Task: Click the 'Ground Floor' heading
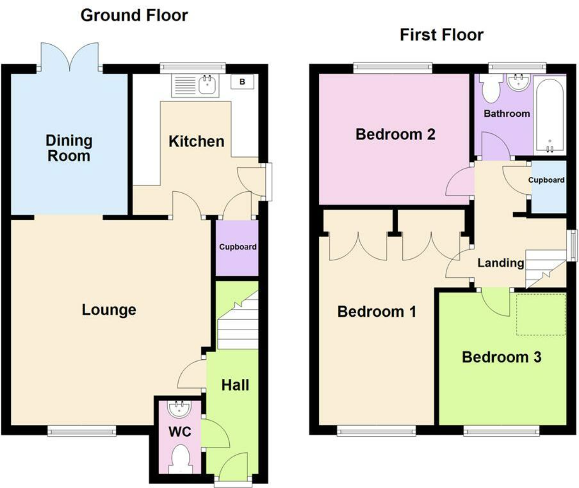coord(134,15)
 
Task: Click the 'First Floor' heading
coord(441,35)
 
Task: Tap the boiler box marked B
coord(242,82)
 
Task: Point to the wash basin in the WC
coord(179,409)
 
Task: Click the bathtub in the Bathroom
coord(550,115)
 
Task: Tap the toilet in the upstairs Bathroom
coord(490,89)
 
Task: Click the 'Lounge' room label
coord(109,310)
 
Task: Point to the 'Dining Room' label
coord(69,148)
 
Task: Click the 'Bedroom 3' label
coord(501,357)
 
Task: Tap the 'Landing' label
coord(500,263)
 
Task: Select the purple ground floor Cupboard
coord(237,247)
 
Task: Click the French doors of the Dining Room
coord(70,57)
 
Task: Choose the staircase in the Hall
coord(238,322)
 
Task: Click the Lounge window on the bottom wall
coord(82,431)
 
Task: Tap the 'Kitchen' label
coord(196,141)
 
